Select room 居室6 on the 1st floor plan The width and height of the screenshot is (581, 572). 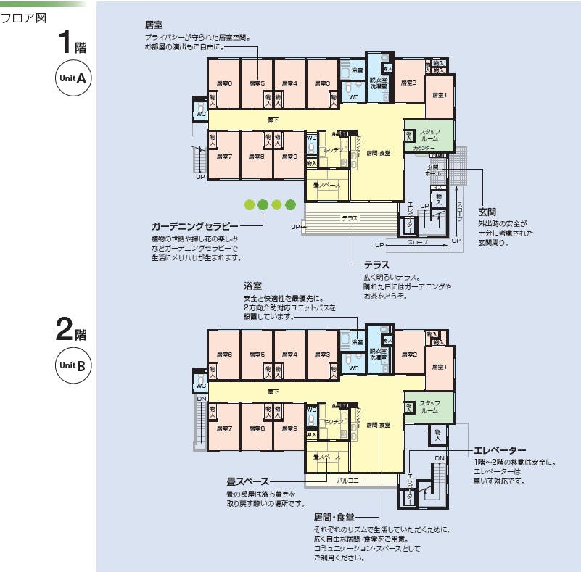(224, 83)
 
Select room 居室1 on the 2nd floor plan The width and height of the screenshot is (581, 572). (440, 367)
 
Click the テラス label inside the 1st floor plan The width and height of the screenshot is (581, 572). (350, 217)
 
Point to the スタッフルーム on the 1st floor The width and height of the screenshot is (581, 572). (429, 135)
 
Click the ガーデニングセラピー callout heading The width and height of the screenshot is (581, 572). (194, 226)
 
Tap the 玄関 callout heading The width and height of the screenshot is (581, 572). (487, 212)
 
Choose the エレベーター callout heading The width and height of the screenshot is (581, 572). (500, 451)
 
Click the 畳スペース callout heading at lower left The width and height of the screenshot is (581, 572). (247, 481)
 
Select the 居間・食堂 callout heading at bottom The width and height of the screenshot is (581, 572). (334, 517)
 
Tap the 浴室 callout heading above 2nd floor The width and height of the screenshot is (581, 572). (252, 286)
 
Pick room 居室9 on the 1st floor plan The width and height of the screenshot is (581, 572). (289, 156)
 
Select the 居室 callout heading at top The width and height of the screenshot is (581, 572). (154, 24)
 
